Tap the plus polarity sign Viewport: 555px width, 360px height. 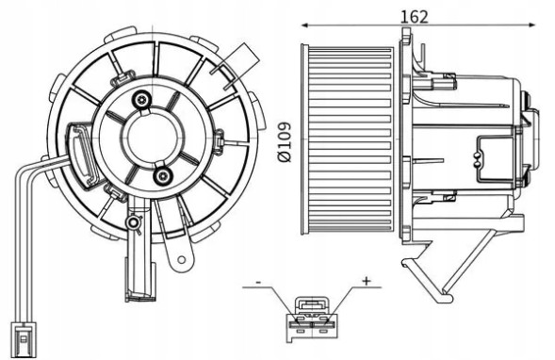tap(367, 281)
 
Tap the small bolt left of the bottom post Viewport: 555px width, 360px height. tap(133, 223)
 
